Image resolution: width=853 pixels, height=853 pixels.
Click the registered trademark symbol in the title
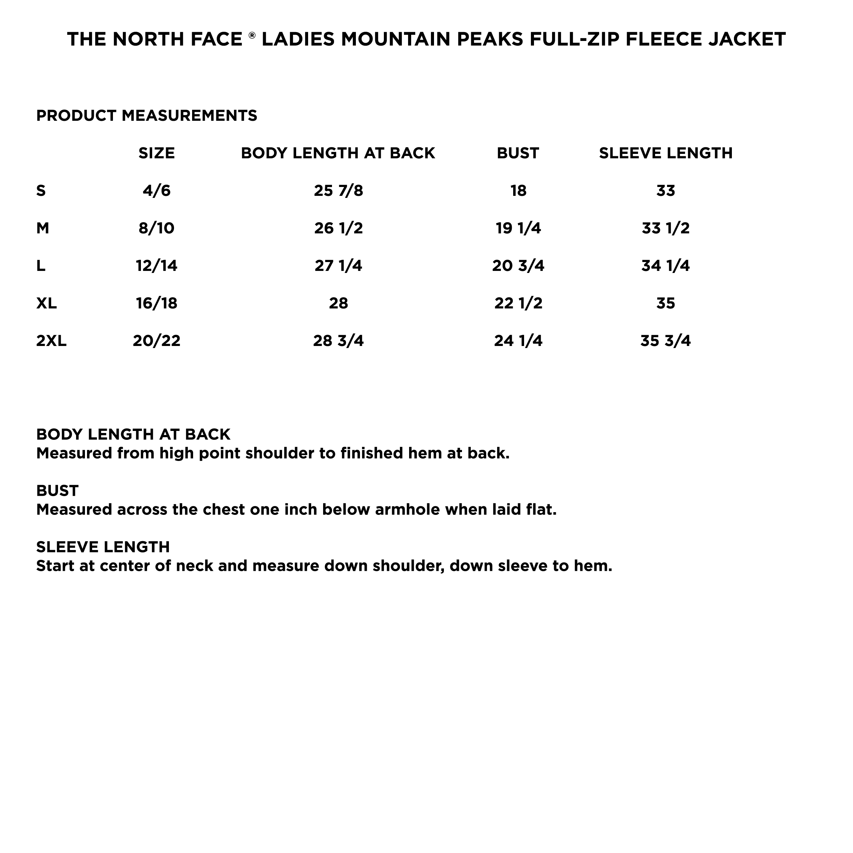click(x=252, y=34)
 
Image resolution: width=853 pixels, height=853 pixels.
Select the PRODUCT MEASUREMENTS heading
click(x=147, y=116)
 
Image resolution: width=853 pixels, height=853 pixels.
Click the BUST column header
click(x=518, y=153)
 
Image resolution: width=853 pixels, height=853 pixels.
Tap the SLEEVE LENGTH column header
click(x=665, y=153)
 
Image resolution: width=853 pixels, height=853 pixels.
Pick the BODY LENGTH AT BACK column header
click(x=338, y=153)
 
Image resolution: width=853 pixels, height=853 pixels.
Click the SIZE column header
click(x=156, y=153)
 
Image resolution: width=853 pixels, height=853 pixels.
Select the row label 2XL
click(x=51, y=341)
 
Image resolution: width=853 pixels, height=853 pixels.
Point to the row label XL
click(x=46, y=303)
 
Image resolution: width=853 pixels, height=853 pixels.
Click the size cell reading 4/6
click(x=156, y=191)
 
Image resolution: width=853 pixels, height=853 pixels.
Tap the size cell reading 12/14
click(x=156, y=266)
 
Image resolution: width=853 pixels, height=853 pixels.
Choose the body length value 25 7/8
click(x=338, y=191)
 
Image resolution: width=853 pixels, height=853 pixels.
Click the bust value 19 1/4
click(x=518, y=228)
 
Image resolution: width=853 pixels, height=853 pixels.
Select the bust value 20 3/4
click(x=518, y=266)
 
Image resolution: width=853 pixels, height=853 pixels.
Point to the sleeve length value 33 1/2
click(x=665, y=228)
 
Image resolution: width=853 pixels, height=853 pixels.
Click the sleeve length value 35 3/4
click(x=665, y=341)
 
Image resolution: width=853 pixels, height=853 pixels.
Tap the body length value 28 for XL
click(x=338, y=303)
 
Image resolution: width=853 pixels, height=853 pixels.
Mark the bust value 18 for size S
click(x=518, y=191)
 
